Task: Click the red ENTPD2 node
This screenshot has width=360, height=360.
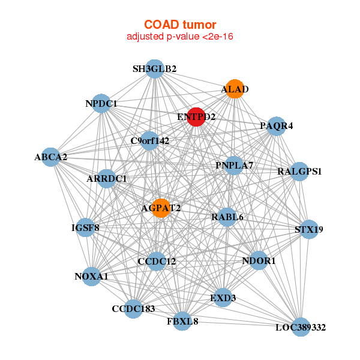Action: pos(196,116)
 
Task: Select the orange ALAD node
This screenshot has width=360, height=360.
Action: pos(234,89)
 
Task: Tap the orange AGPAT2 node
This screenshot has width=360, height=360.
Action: pos(161,208)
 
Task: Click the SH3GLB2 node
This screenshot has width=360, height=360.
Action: pos(155,69)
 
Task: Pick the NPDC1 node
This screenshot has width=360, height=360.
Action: pos(101,103)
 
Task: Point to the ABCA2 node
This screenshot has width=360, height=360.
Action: pos(51,157)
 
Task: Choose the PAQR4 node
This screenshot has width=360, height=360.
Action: pos(276,126)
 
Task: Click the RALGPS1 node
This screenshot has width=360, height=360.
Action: pos(299,171)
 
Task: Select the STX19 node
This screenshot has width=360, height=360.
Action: pos(309,229)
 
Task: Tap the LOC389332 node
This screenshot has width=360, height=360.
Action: pos(301,327)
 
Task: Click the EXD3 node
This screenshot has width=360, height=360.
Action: pos(223,298)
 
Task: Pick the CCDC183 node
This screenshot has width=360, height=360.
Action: pos(133,308)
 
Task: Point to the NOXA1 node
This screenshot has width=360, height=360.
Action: pos(91,276)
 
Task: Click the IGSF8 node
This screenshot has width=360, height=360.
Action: pos(85,227)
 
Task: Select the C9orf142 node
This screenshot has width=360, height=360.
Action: pos(150,141)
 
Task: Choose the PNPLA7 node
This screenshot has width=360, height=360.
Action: pos(234,165)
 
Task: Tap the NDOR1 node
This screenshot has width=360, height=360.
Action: pos(259,261)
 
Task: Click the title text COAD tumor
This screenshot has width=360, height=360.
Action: pos(180,25)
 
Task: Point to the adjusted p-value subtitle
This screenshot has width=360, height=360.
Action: pos(180,37)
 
